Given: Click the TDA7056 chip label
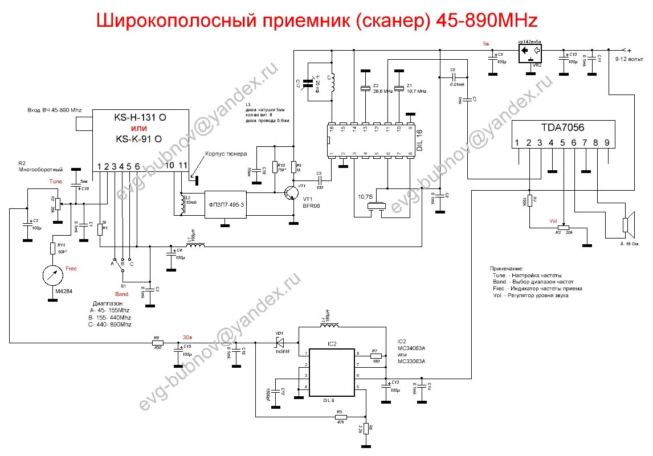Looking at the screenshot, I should point(563,129).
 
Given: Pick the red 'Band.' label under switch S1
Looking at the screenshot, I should point(123,294).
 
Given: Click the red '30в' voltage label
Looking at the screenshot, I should point(187,336).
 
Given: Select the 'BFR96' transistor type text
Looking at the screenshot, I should point(312,206).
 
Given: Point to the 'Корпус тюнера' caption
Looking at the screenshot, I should point(226,154).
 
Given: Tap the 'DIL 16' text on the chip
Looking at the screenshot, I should point(419,139).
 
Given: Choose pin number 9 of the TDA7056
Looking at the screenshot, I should point(607,143).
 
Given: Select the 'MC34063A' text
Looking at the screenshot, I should point(411,348).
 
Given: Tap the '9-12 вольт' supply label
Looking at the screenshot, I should point(630,59).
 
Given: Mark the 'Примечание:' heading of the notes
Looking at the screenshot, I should point(506,268).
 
